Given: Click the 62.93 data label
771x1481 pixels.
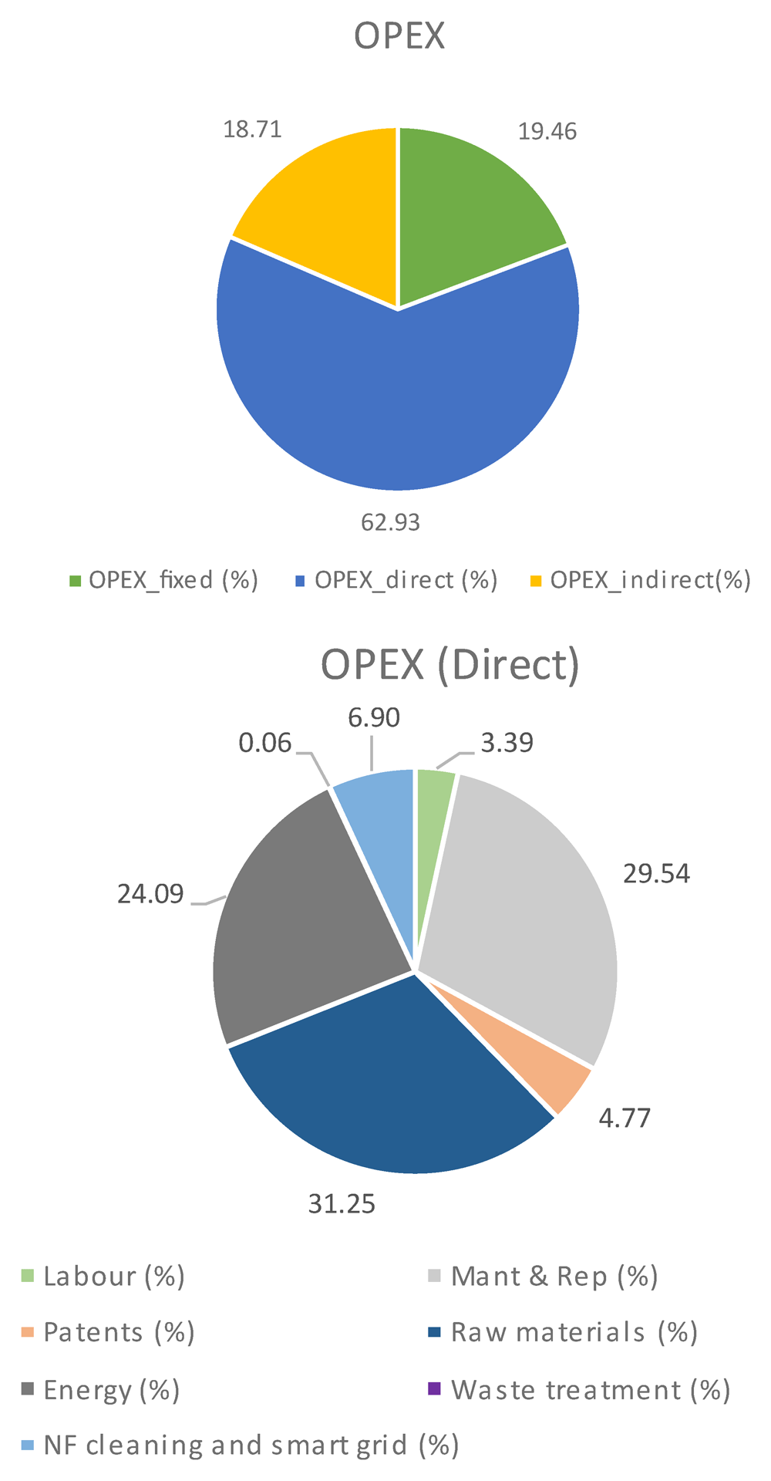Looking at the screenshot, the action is tap(391, 523).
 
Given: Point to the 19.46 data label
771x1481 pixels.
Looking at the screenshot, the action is tap(547, 132).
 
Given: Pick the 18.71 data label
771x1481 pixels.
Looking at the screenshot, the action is tap(253, 129).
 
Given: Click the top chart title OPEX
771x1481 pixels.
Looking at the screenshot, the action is tap(399, 36).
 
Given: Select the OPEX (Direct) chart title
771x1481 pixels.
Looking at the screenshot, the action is tap(449, 664).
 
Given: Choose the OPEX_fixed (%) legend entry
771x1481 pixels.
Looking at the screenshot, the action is tap(163, 580).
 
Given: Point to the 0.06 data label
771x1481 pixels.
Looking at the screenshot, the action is tap(265, 744).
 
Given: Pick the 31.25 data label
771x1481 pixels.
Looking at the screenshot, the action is tap(342, 1204).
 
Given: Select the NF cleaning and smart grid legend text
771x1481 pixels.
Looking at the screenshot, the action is tap(251, 1445).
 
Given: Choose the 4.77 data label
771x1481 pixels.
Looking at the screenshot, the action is tap(625, 1118).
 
